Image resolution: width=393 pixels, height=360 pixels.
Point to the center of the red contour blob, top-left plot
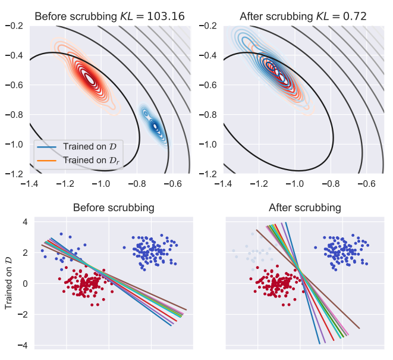click(90, 78)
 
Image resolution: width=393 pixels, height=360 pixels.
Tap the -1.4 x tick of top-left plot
click(29, 184)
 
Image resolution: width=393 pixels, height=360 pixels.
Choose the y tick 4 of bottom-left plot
click(25, 221)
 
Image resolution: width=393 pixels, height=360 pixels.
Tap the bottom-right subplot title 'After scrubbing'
click(305, 208)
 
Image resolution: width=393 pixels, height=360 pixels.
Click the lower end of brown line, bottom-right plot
click(359, 328)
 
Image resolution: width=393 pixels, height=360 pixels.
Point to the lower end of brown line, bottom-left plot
click(186, 310)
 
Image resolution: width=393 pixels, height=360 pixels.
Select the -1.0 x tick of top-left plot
click(102, 184)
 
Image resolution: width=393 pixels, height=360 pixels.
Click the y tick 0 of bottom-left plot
click(25, 283)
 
